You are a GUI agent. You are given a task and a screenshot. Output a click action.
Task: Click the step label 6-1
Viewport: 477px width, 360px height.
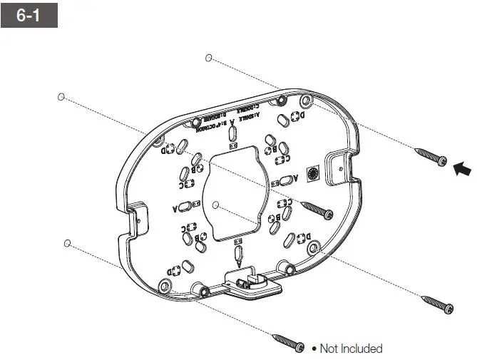[29, 15]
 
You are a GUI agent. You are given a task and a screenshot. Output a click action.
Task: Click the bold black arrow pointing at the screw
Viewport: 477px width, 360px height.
[462, 168]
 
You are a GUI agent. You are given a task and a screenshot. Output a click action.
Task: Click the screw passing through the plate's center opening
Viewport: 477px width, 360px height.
[318, 209]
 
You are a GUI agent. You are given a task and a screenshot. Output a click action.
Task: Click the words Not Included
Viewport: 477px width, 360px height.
[351, 349]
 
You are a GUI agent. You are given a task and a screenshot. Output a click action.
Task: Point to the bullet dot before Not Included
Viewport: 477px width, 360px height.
[314, 349]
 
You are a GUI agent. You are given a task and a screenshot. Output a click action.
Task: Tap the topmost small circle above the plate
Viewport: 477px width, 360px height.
[208, 57]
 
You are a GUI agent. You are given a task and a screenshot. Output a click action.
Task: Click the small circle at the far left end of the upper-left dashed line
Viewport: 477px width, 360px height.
[61, 96]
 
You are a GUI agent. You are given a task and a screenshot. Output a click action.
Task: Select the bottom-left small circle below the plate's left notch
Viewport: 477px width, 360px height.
[67, 243]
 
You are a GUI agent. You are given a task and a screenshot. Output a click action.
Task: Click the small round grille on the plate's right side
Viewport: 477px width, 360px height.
[310, 173]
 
